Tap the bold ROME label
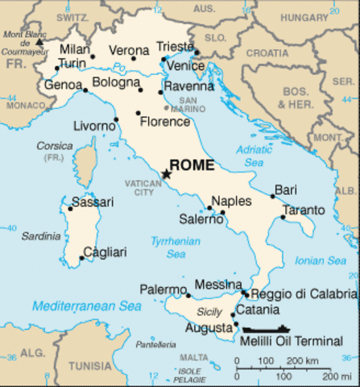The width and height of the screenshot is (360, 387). pos(193,166)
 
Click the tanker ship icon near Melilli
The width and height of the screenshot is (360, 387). pos(265,329)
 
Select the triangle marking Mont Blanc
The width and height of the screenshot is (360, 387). pos(38,40)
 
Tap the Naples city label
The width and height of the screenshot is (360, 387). pos(231,201)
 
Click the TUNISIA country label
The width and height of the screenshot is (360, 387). pos(89,365)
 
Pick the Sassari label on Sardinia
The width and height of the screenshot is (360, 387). pos(87,202)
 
